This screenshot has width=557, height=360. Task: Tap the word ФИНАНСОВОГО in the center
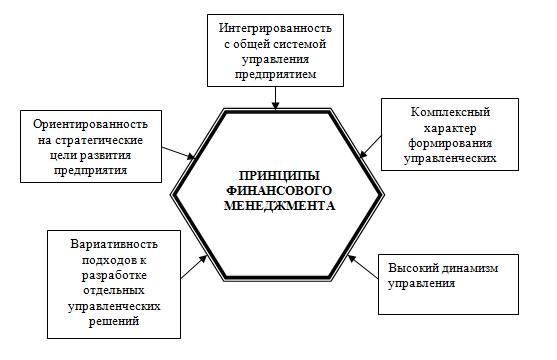[x=278, y=189]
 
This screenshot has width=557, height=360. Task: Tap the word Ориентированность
[x=91, y=124]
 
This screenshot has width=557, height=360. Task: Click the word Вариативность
[x=112, y=244]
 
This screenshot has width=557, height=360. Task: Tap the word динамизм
[x=471, y=268]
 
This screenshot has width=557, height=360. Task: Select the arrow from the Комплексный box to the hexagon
[x=369, y=149]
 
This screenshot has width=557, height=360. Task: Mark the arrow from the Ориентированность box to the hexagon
[x=181, y=152]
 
